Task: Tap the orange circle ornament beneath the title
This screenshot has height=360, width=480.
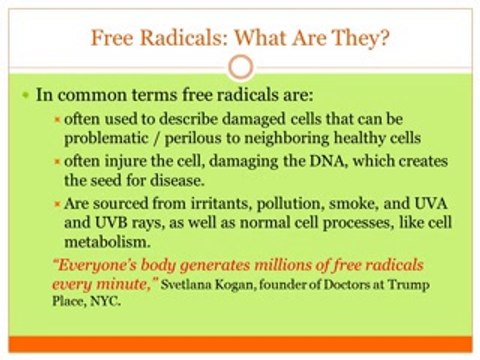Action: tap(239, 67)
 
